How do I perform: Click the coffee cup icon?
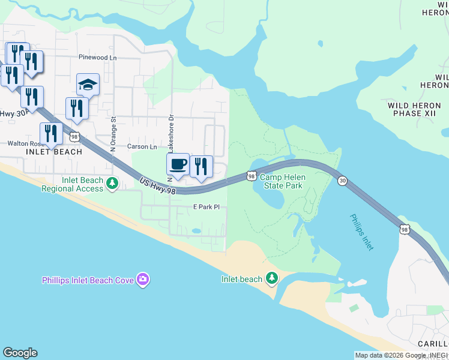(178, 164)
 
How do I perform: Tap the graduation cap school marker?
(88, 85)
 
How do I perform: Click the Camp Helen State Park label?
(282, 182)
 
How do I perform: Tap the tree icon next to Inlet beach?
(272, 278)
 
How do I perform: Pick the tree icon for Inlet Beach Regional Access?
(112, 183)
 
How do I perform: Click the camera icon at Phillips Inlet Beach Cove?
(143, 279)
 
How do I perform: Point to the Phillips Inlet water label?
(361, 232)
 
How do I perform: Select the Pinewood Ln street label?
(97, 58)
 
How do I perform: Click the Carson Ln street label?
(142, 146)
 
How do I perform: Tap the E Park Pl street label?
(206, 207)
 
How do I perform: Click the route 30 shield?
(342, 181)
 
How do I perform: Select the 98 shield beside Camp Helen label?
(251, 176)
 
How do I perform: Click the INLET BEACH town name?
(54, 152)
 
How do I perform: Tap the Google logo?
(20, 353)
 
